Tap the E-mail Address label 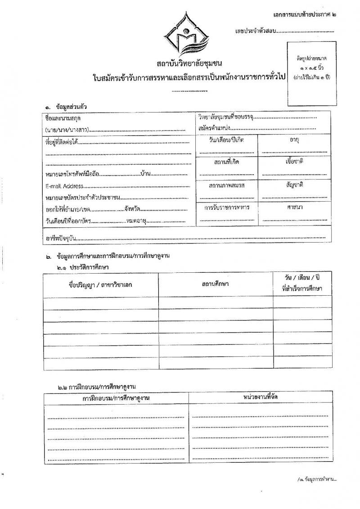click(65, 185)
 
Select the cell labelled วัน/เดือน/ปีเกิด click(227, 140)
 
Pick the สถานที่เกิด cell click(227, 162)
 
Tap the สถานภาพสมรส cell click(227, 185)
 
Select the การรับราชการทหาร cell click(227, 207)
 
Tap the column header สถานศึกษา click(216, 284)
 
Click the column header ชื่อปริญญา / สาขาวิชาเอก click(101, 284)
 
